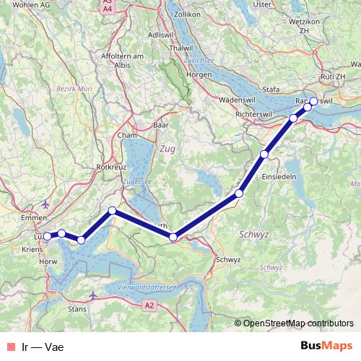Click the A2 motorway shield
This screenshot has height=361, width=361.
pos(149,306)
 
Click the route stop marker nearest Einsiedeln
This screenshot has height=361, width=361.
pos(265,154)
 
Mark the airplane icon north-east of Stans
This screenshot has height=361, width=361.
pos(92,295)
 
